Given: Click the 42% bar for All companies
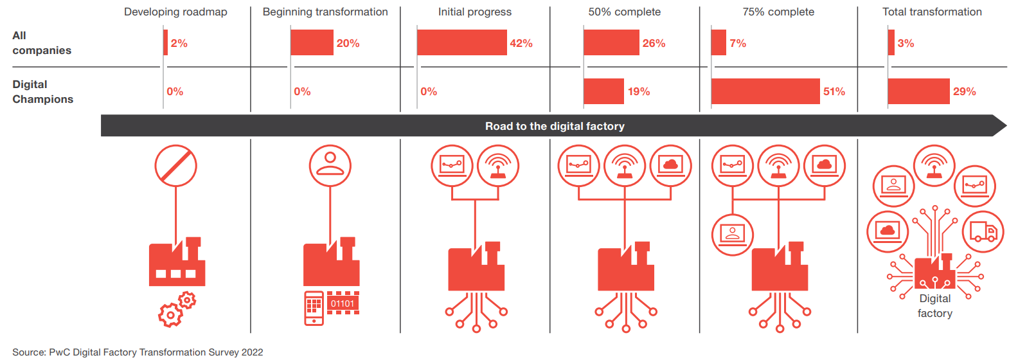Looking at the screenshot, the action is point(461,42).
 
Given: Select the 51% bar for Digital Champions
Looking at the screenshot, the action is point(765,91).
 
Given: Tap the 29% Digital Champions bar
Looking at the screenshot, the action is point(918,91).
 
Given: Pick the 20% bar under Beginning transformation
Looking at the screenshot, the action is point(312,42).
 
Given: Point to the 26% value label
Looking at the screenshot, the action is point(654,43).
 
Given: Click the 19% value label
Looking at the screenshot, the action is point(639,91).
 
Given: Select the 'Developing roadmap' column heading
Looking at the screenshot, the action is point(175,12).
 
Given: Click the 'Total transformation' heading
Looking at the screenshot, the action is point(932,12).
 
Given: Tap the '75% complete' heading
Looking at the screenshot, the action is point(778,12).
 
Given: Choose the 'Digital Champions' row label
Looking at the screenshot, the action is point(43,91).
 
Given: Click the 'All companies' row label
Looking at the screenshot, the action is point(41,43).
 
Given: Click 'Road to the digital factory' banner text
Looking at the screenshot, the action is point(555,126).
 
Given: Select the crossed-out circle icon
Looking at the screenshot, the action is point(175,165).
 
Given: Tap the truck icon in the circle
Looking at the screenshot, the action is point(983,231).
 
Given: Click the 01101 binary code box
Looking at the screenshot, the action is point(343,303).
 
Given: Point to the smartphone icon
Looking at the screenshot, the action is point(314,308).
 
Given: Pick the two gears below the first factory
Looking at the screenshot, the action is point(177,309).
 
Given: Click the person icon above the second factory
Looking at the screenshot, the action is point(330,165).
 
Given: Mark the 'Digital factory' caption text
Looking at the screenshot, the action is point(934,306).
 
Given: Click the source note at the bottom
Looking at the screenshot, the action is point(138,352).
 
